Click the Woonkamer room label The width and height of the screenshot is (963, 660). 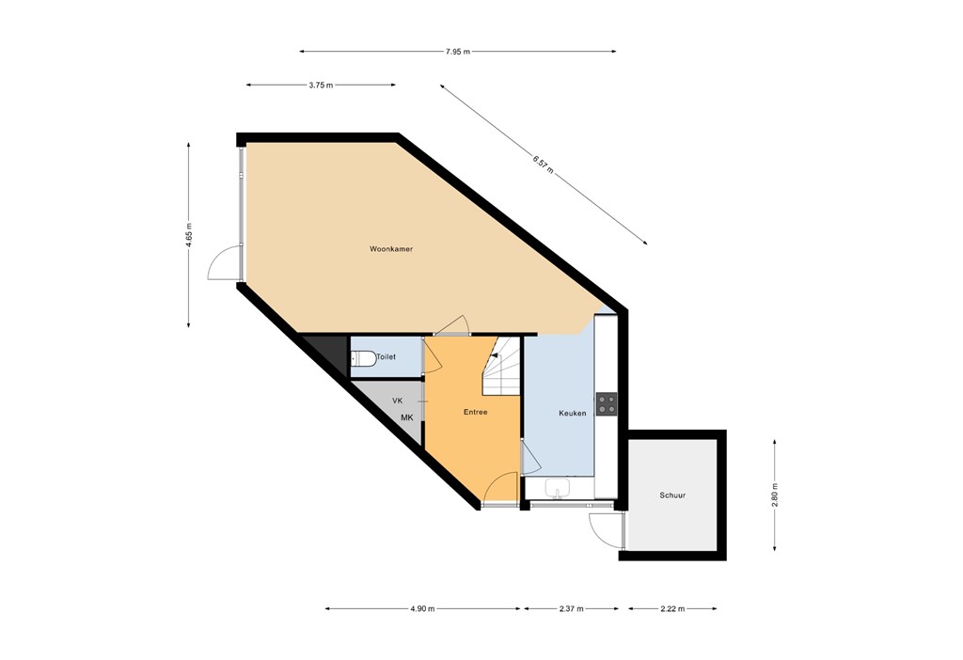(x=391, y=249)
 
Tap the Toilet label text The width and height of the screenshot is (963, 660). (x=386, y=357)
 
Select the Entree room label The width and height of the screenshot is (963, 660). (x=475, y=412)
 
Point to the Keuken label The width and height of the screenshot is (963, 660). (x=572, y=413)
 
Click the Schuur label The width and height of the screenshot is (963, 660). (x=671, y=495)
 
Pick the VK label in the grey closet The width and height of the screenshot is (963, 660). (x=398, y=401)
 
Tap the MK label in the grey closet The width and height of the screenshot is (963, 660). (x=406, y=417)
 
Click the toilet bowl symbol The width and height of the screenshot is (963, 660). (x=362, y=357)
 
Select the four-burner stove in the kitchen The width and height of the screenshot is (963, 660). (x=607, y=404)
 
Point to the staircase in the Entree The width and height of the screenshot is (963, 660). (x=500, y=368)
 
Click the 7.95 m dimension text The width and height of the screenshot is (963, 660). (x=457, y=51)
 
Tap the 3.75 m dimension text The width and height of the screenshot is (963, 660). (x=321, y=85)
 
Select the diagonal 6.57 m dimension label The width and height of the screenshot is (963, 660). (x=543, y=165)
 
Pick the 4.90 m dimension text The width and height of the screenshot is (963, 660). (x=422, y=609)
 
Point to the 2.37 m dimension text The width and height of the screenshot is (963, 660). (x=571, y=609)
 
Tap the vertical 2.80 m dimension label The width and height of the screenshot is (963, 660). (x=775, y=495)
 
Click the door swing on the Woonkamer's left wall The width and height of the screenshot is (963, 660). (x=223, y=263)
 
